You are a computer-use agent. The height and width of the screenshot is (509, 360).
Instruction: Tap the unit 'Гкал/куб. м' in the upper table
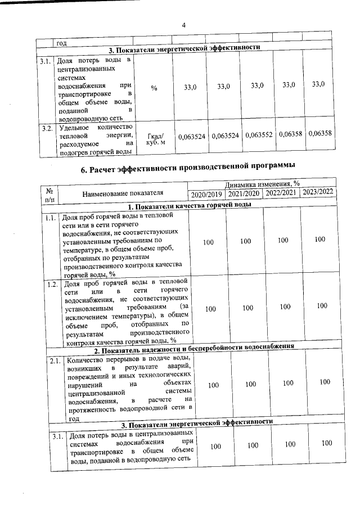(x=155, y=138)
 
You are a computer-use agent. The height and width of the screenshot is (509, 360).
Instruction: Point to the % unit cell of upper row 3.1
(x=154, y=88)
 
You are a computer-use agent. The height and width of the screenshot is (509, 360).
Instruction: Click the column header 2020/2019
(x=206, y=193)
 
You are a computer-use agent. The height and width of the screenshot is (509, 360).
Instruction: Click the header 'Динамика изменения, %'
(x=262, y=184)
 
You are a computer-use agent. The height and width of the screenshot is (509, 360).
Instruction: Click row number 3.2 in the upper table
(x=47, y=129)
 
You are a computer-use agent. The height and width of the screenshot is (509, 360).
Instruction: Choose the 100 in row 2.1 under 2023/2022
(x=324, y=382)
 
